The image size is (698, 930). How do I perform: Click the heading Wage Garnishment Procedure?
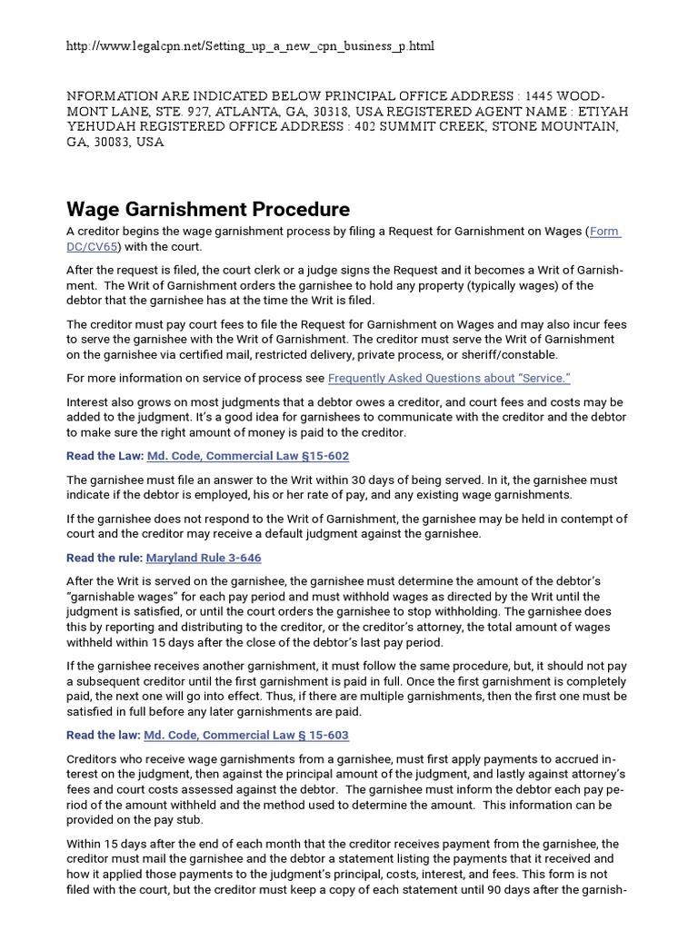pyautogui.click(x=208, y=210)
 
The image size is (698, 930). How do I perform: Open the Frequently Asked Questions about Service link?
pyautogui.click(x=449, y=378)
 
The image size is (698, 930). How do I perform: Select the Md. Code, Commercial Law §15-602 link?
pyautogui.click(x=247, y=456)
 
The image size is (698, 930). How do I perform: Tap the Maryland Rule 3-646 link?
pyautogui.click(x=204, y=558)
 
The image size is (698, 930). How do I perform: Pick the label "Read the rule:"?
pyautogui.click(x=105, y=558)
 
